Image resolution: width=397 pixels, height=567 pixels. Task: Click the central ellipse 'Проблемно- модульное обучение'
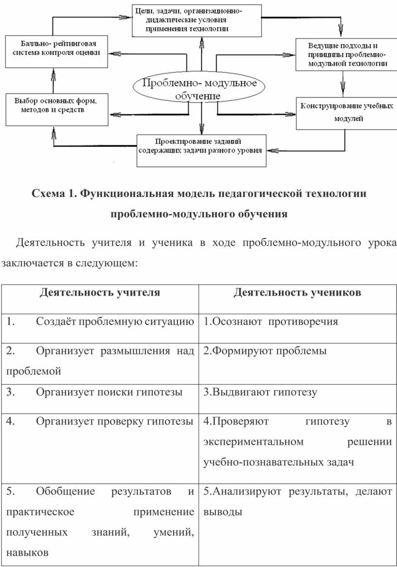point(199,89)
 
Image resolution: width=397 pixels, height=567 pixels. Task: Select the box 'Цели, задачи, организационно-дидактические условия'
point(197,20)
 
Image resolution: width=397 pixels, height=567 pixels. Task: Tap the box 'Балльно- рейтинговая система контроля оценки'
point(56,52)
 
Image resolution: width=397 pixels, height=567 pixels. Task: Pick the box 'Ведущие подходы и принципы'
point(347,54)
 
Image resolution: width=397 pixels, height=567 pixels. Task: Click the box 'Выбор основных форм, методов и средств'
point(57,109)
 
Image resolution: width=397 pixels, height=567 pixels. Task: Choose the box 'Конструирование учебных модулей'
point(347,113)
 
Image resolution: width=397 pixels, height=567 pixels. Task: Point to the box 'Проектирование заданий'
point(201,150)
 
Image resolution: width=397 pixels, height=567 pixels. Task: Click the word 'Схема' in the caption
point(47,194)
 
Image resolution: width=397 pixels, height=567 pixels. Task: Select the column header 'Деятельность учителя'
point(100,292)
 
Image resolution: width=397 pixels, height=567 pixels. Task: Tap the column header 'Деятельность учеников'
point(297,292)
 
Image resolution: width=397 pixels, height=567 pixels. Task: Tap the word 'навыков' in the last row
point(27,552)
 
